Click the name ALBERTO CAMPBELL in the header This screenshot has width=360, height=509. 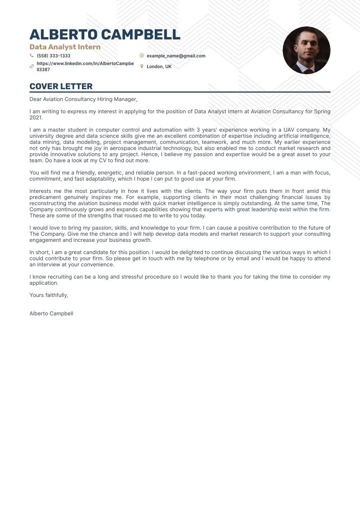(105, 34)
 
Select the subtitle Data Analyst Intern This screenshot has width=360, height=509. (65, 47)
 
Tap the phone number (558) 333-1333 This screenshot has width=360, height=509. (54, 56)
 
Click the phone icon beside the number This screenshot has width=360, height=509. (32, 55)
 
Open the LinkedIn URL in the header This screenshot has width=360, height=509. (85, 66)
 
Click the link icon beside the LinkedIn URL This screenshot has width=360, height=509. (32, 67)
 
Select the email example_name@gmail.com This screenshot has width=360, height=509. (176, 56)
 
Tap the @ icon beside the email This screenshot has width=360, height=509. (142, 55)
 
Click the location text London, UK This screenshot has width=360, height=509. (159, 67)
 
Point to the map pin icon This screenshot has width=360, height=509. (142, 66)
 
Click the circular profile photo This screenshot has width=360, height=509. (306, 50)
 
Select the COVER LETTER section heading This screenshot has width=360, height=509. (61, 86)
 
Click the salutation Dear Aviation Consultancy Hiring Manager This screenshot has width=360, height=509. (83, 99)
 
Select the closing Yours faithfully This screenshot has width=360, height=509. (49, 295)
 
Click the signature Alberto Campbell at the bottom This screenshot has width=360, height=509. (51, 313)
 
